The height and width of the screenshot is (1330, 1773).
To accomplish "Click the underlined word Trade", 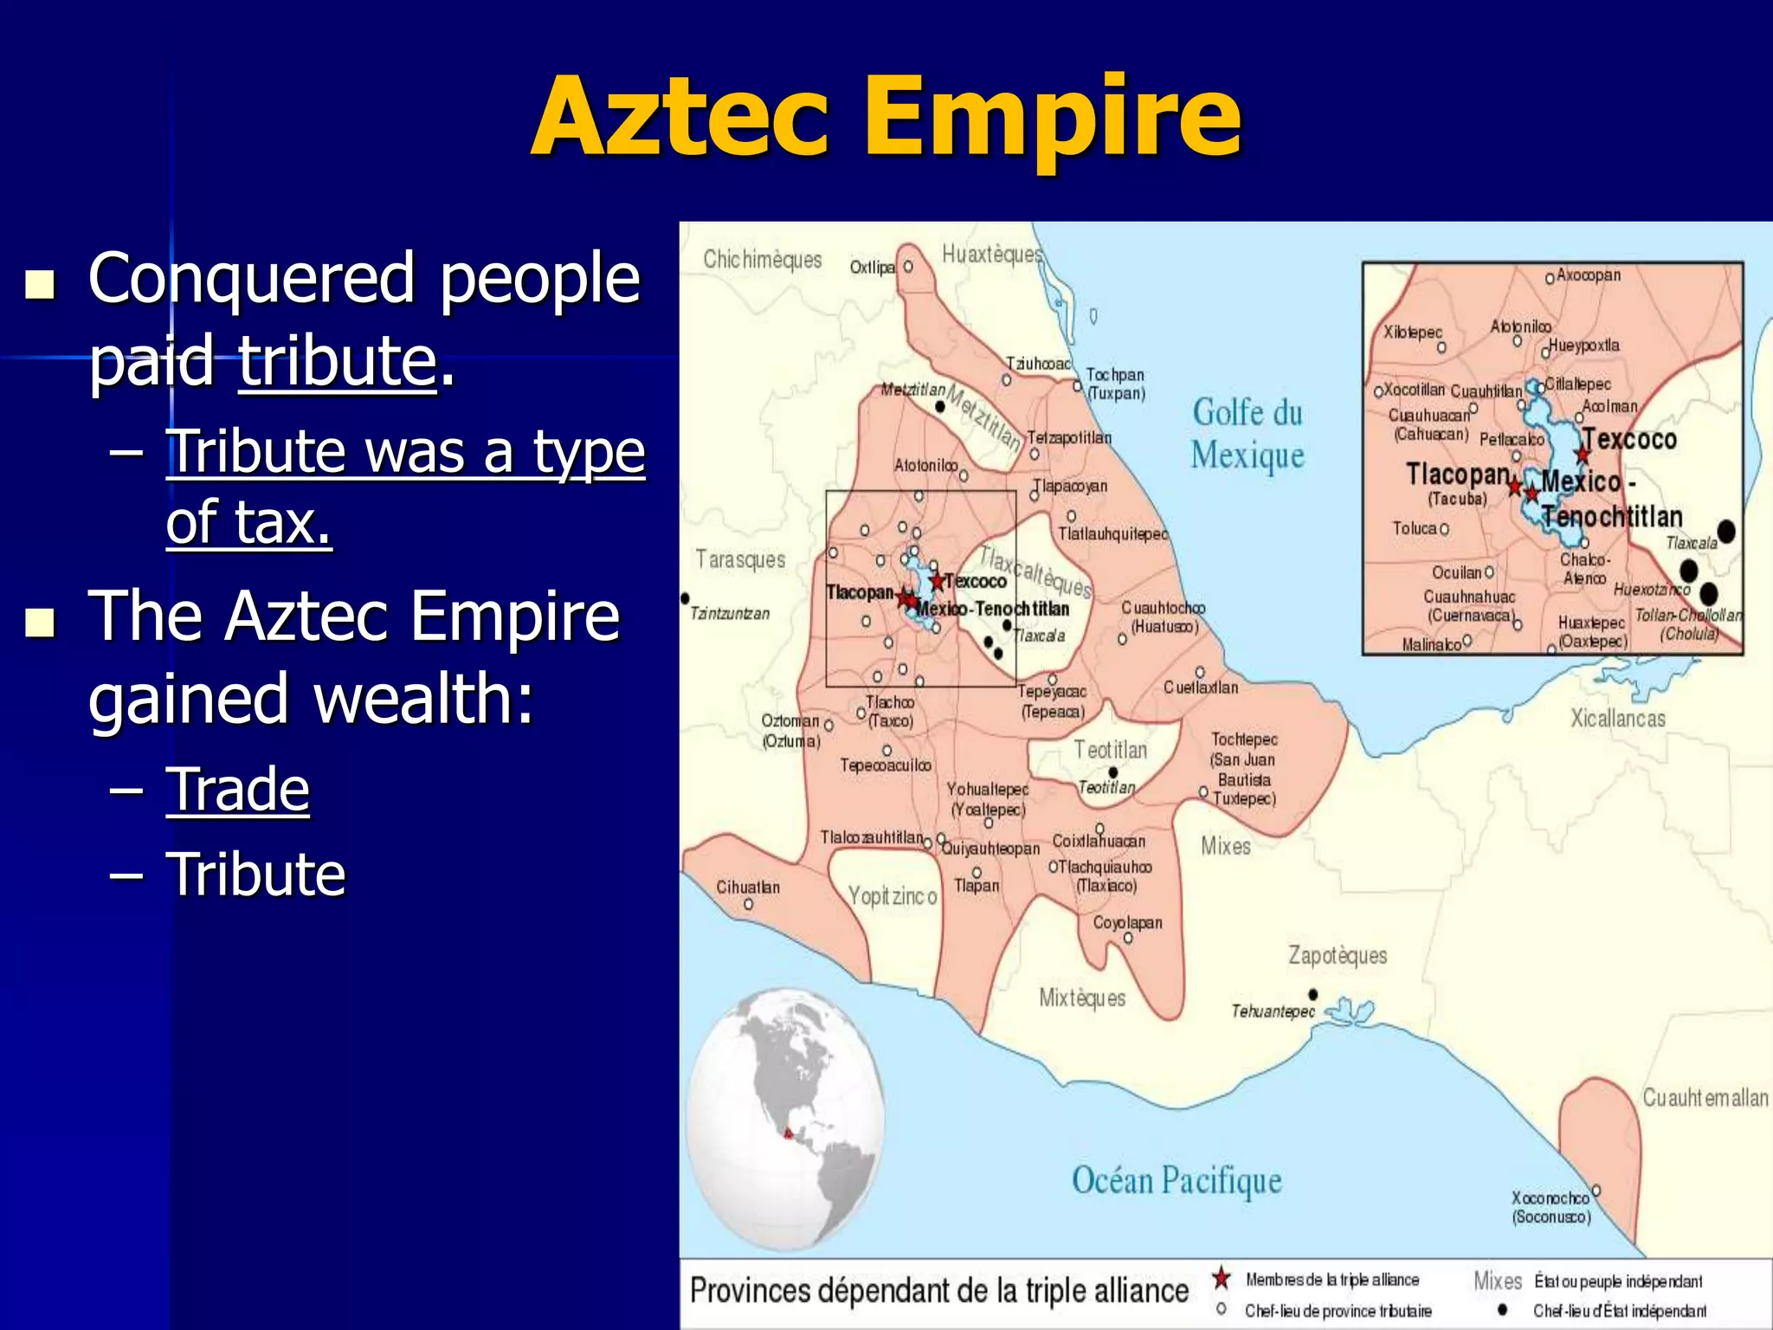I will click(x=237, y=790).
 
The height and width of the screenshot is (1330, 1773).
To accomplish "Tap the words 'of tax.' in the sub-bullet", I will click(x=248, y=523).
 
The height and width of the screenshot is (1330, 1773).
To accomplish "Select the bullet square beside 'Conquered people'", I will click(x=39, y=284).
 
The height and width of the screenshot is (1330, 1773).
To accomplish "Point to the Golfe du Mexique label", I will click(x=1247, y=433).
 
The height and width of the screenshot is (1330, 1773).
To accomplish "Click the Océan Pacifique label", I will click(x=1176, y=1181).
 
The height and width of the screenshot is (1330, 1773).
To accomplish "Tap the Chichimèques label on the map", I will click(x=762, y=259).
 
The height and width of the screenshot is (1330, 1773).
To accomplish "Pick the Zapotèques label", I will click(x=1337, y=955).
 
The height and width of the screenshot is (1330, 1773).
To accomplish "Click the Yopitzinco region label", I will click(x=892, y=896).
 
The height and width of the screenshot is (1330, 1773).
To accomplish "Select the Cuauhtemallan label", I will click(x=1705, y=1098).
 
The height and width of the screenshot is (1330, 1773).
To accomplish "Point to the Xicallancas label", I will click(x=1617, y=718).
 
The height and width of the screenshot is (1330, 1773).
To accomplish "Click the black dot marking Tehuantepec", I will click(x=1313, y=994).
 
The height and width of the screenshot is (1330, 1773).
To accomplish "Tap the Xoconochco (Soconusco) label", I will click(x=1551, y=1207).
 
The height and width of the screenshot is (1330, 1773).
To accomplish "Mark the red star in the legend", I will click(x=1221, y=1278).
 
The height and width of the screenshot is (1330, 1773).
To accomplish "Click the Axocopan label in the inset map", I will click(x=1588, y=275).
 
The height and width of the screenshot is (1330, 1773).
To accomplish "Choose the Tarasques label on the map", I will click(x=740, y=559).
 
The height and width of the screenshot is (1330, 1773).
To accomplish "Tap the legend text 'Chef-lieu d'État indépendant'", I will click(x=1619, y=1311).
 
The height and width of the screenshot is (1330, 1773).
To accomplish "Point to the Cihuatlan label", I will click(x=747, y=888).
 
